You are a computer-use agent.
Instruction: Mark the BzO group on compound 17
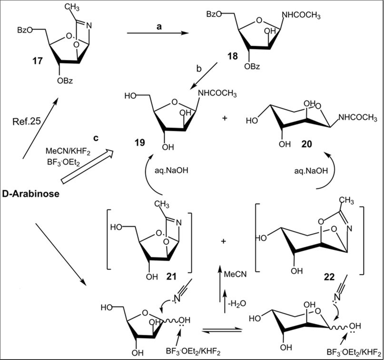point(25,30)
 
